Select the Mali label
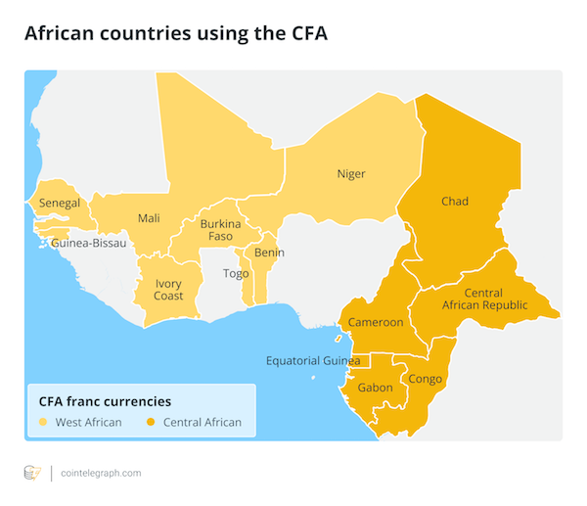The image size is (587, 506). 149,218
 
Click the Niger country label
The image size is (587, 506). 350,174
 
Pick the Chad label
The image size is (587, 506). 454,202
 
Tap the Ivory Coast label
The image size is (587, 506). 168,290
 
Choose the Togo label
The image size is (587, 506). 236,273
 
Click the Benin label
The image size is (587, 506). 268,253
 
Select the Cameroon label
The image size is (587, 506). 376,322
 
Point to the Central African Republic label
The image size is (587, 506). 495,299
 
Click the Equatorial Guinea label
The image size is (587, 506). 313,360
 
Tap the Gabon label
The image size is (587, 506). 376,388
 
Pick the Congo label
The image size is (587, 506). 426,379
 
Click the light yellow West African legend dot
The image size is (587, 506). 43,423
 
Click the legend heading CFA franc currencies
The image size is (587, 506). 105,401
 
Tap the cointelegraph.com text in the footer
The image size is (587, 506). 100,473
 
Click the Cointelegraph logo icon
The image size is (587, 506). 32,473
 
